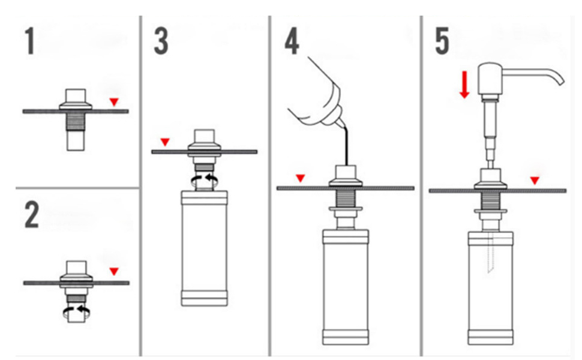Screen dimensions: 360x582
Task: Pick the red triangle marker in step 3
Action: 166,142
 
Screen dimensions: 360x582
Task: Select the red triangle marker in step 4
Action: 301,178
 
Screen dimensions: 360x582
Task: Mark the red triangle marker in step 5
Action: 535,180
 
